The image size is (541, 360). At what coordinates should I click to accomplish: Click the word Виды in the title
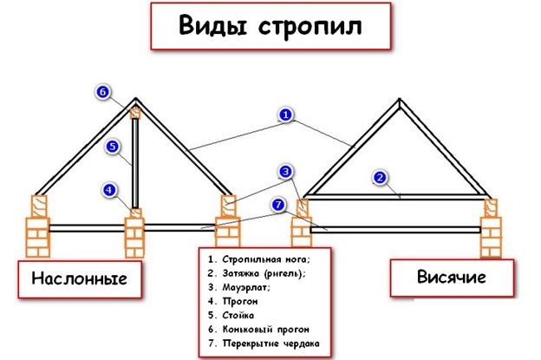pyautogui.click(x=212, y=25)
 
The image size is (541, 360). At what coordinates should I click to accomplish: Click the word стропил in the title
pyautogui.click(x=310, y=27)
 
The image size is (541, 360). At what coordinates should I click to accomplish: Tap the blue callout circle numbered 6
pyautogui.click(x=103, y=92)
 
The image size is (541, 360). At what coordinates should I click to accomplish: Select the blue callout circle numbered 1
pyautogui.click(x=286, y=115)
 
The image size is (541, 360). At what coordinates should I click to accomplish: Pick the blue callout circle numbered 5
pyautogui.click(x=113, y=147)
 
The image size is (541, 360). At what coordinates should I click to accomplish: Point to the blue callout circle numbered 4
pyautogui.click(x=110, y=190)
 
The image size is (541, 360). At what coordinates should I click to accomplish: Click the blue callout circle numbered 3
pyautogui.click(x=286, y=172)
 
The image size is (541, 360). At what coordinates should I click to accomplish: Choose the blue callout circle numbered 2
pyautogui.click(x=380, y=178)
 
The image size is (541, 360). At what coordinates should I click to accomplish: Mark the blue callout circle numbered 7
pyautogui.click(x=278, y=205)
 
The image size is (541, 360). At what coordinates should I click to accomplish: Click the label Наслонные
pyautogui.click(x=80, y=278)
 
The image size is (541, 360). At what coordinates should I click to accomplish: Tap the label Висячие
pyautogui.click(x=452, y=277)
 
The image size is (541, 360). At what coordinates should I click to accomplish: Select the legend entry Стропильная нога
pyautogui.click(x=266, y=259)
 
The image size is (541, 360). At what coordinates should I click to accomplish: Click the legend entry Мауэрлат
pyautogui.click(x=246, y=287)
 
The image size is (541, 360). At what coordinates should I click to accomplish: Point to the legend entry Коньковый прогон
pyautogui.click(x=265, y=330)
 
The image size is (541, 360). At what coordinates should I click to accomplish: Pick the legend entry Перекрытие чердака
pyautogui.click(x=270, y=344)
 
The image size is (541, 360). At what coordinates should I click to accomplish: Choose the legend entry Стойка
pyautogui.click(x=238, y=315)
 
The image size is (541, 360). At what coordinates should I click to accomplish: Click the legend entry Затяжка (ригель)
pyautogui.click(x=264, y=273)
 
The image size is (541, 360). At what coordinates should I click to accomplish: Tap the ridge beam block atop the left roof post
pyautogui.click(x=135, y=113)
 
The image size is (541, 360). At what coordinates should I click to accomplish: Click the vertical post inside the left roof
pyautogui.click(x=135, y=164)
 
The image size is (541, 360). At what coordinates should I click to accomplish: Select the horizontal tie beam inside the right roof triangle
pyautogui.click(x=396, y=197)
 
